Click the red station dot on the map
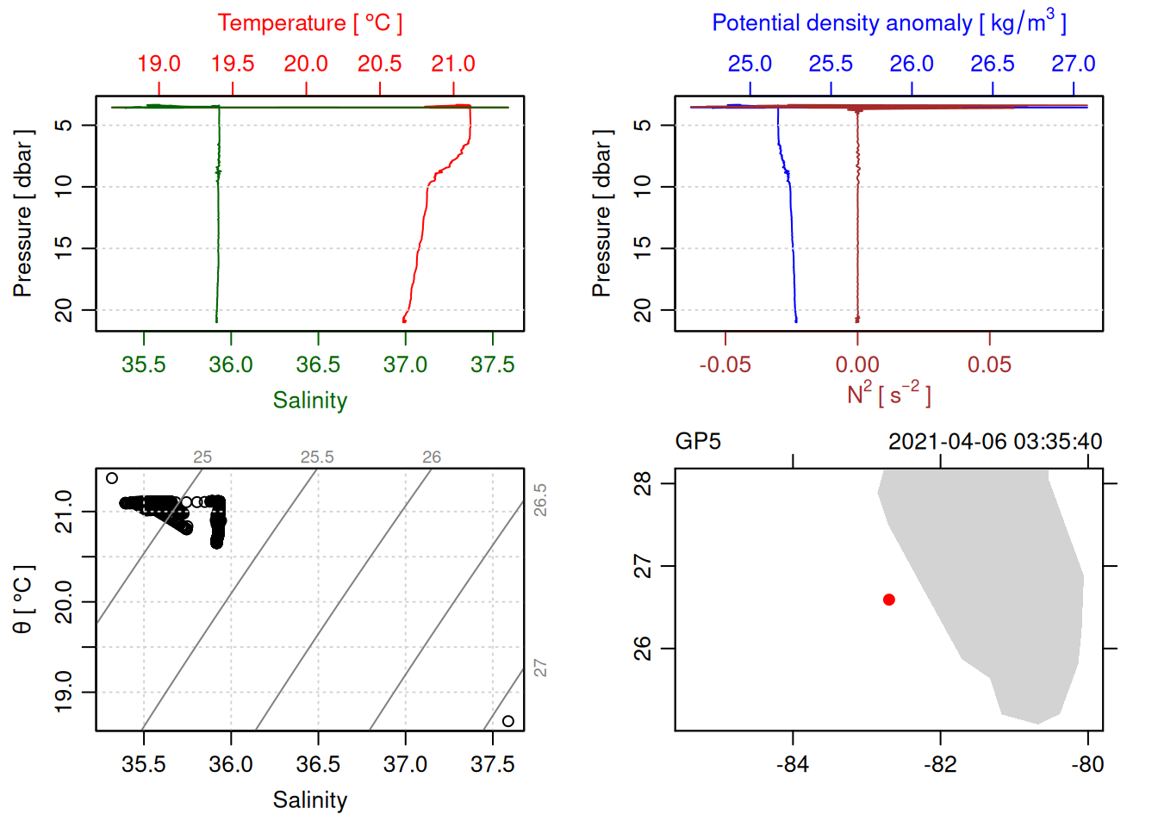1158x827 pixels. [x=888, y=600]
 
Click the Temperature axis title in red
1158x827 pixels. [x=309, y=23]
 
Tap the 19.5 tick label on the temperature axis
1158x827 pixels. [x=233, y=64]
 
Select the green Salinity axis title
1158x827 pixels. [x=309, y=401]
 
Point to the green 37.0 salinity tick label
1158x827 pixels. [x=405, y=364]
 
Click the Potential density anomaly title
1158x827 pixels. [x=888, y=23]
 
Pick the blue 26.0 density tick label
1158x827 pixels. [x=912, y=64]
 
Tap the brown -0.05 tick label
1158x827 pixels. [x=725, y=364]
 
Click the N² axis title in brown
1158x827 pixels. [x=888, y=395]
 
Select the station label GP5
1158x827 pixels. [x=698, y=442]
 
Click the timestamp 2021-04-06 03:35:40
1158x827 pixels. [x=995, y=442]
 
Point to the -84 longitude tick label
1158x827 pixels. [x=792, y=764]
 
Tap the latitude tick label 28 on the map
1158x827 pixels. [x=643, y=484]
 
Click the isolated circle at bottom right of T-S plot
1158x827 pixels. [x=508, y=721]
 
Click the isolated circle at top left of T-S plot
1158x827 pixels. [x=112, y=478]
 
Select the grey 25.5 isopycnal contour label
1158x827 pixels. [x=317, y=457]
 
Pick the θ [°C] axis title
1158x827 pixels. [x=22, y=600]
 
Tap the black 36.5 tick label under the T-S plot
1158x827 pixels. [x=318, y=764]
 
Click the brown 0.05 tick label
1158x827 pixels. [x=989, y=364]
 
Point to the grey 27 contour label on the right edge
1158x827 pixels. [x=540, y=668]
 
